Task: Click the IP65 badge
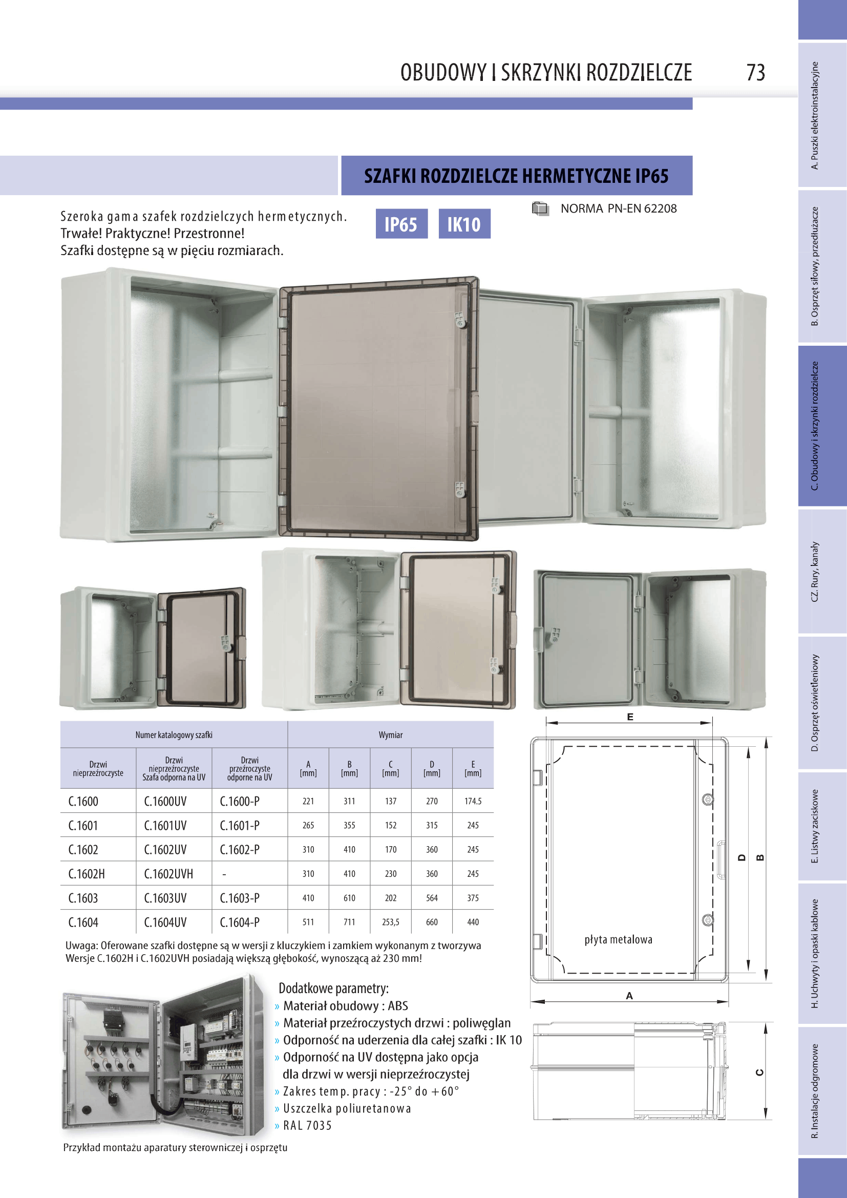coord(401,224)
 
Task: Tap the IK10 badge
coord(464,224)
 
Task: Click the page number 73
coord(756,73)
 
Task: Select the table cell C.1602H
coord(87,874)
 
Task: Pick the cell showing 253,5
coord(391,922)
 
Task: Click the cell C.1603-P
coord(239,898)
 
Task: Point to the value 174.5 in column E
coord(473,801)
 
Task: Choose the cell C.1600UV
coord(165,802)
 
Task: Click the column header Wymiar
coord(391,734)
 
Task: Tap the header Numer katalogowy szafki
coord(174,734)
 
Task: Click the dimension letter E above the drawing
coord(630,717)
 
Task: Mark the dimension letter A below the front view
coord(629,996)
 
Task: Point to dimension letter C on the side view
coord(759,1072)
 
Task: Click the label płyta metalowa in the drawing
coord(618,939)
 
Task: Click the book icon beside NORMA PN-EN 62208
coord(540,208)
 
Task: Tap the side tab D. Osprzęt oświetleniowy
coord(815,702)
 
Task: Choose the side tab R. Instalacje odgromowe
coord(815,1090)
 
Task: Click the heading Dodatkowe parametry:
coord(333,988)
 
